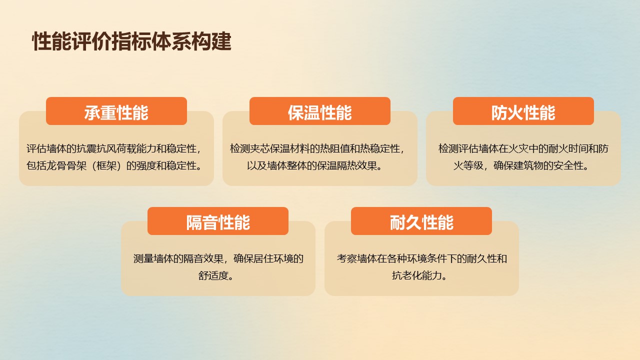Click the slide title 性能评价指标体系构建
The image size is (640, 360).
click(x=131, y=41)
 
